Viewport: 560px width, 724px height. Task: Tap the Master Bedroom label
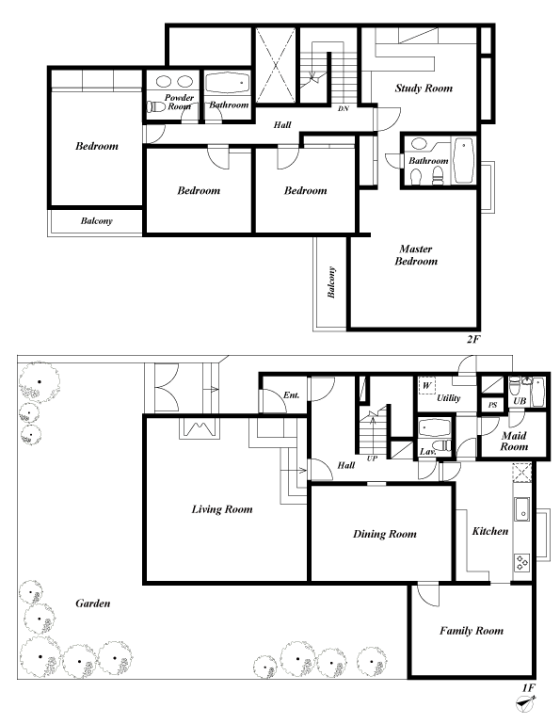click(416, 255)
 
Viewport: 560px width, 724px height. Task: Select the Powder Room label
click(179, 102)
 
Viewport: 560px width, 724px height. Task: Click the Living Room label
click(222, 509)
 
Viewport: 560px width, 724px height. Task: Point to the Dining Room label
click(384, 534)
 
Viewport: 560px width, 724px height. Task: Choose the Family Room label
click(471, 631)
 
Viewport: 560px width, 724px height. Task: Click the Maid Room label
click(513, 442)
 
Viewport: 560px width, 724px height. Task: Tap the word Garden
click(93, 603)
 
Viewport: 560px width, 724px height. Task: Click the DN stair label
click(344, 108)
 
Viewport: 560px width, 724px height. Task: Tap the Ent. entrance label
click(291, 395)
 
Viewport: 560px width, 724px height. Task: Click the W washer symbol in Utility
click(426, 386)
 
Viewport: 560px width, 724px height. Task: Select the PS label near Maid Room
click(492, 404)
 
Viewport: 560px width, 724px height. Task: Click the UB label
click(519, 402)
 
